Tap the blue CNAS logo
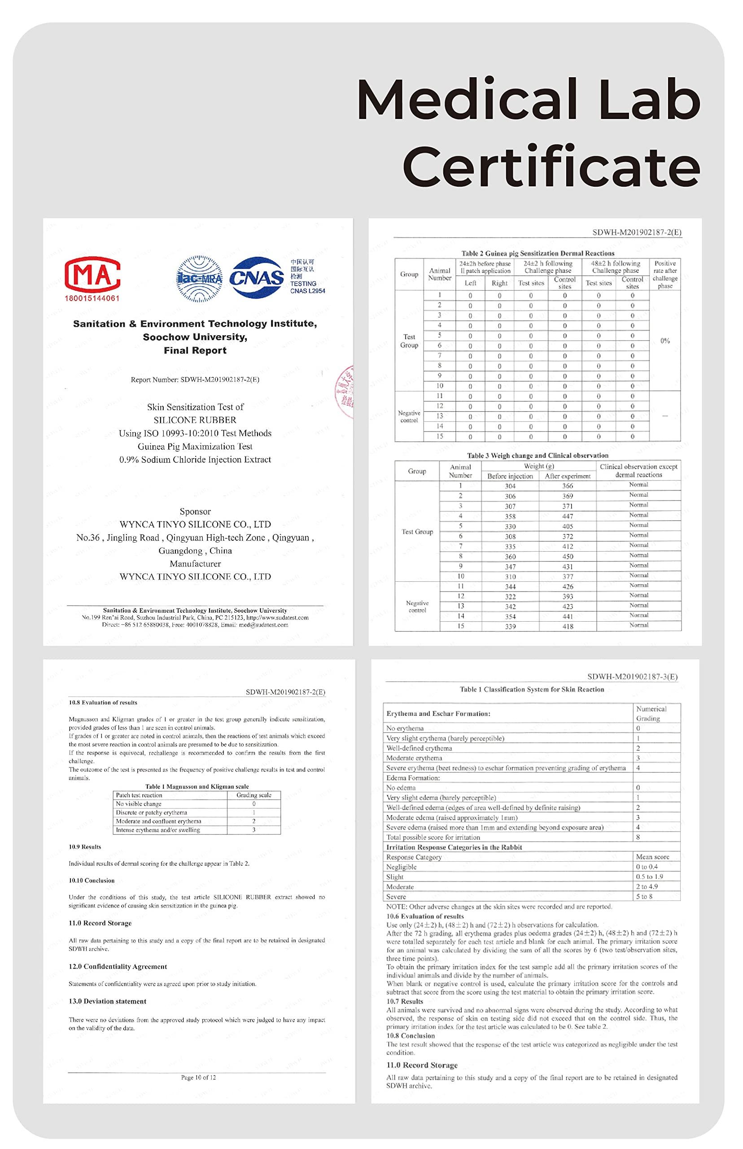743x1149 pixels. coord(256,277)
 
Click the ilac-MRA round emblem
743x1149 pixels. coord(200,278)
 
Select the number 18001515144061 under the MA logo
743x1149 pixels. coord(92,298)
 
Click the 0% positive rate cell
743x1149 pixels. coord(665,341)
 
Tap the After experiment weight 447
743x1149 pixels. coord(568,516)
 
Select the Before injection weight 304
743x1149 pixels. coord(510,486)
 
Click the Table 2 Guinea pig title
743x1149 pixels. coord(538,253)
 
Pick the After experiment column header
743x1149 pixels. coord(568,476)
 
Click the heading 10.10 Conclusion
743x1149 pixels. coord(92,880)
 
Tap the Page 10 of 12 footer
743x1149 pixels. coord(198,1077)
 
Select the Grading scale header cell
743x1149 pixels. coord(254,795)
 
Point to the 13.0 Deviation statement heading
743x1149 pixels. coord(107,1001)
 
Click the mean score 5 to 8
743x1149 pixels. coord(644,896)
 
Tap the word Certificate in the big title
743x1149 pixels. coord(551,167)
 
